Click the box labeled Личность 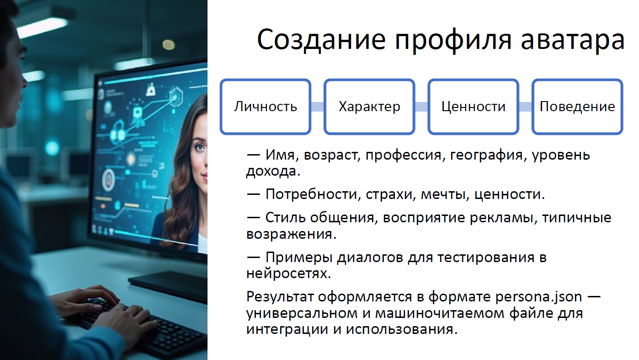point(265,107)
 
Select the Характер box point(369,107)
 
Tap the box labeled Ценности point(473,107)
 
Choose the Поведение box point(577,107)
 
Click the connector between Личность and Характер point(318,107)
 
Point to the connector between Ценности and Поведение point(526,107)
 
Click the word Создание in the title point(321,40)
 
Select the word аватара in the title point(573,40)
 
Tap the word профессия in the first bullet point(404,156)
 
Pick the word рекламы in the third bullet point(501,218)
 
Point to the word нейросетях point(288,274)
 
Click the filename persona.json point(538,296)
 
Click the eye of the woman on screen point(200,147)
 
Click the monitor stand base point(168,285)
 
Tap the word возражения point(291,234)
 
